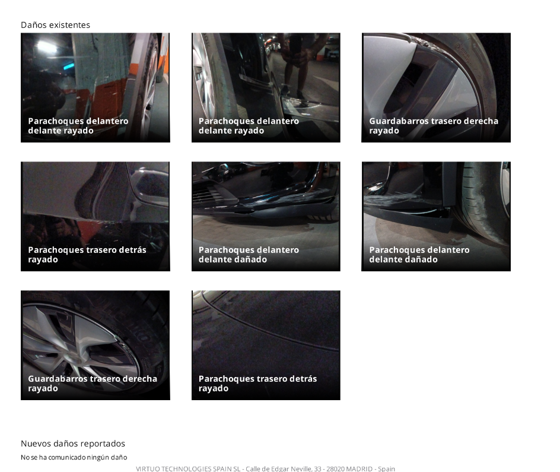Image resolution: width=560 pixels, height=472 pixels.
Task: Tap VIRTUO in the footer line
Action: pyautogui.click(x=148, y=469)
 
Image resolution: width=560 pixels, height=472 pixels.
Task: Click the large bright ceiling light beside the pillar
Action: pyautogui.click(x=46, y=46)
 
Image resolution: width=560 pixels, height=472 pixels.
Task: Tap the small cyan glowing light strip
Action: pyautogui.click(x=69, y=66)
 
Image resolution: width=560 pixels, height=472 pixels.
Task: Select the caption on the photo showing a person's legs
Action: pyautogui.click(x=249, y=126)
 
